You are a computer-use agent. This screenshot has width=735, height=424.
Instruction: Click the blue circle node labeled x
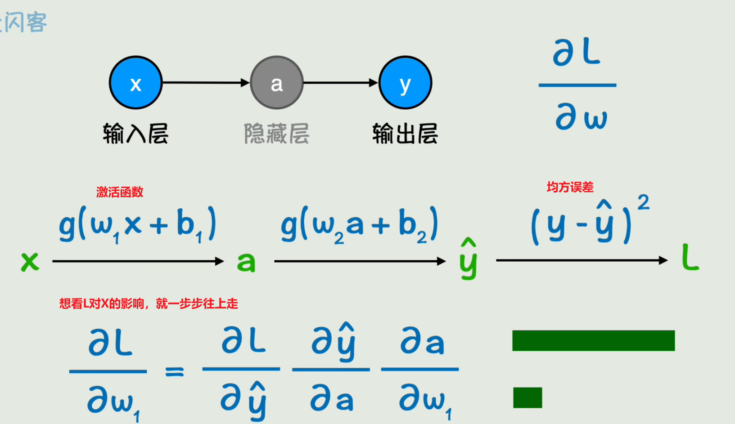click(135, 83)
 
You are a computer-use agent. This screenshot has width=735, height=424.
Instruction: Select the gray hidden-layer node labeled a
click(276, 83)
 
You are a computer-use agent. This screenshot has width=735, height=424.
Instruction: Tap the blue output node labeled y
click(405, 83)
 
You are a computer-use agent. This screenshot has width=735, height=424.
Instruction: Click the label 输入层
click(135, 134)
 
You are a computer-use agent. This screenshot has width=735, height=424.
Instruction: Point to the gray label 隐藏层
click(276, 134)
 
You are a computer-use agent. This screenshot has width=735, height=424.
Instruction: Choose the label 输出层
click(405, 134)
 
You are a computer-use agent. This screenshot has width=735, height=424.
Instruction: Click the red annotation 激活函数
click(120, 192)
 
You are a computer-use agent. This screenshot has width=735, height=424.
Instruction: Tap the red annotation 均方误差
click(570, 187)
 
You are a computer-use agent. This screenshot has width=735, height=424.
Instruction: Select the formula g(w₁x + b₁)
click(137, 225)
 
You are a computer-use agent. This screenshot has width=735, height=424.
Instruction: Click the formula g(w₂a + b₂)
click(359, 225)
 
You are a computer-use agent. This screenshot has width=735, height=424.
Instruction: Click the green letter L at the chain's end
click(690, 258)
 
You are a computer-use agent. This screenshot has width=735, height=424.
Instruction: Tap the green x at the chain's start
click(30, 261)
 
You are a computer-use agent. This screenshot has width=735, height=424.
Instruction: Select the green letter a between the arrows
click(246, 262)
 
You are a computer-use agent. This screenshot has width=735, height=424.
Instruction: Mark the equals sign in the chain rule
click(175, 372)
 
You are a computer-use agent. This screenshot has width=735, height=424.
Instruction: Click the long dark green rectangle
click(593, 340)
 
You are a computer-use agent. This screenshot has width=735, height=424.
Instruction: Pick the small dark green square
click(528, 397)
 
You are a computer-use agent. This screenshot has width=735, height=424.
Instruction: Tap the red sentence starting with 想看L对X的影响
click(149, 304)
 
